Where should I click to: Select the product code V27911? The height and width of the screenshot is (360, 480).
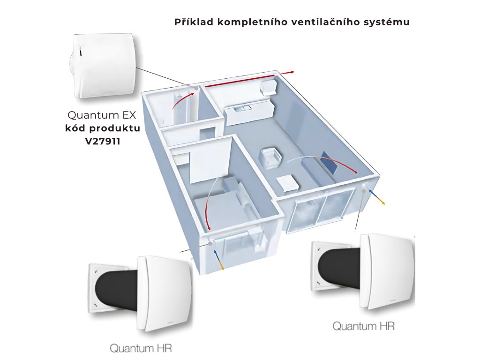click(x=103, y=140)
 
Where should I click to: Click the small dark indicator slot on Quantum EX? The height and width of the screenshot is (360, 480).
click(x=80, y=53)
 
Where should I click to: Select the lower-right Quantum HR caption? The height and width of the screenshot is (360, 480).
click(x=363, y=325)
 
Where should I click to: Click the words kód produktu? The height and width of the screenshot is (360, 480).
click(x=102, y=127)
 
